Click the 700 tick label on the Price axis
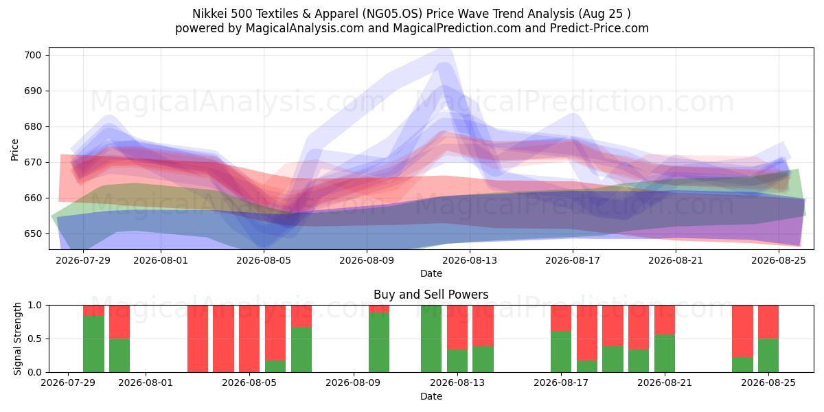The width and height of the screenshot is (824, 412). [x=32, y=55]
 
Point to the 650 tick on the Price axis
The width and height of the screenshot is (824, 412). [x=32, y=233]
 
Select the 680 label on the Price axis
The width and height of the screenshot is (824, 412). [x=32, y=126]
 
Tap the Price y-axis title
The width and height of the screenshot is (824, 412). [x=14, y=150]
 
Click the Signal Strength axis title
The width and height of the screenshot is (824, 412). [x=17, y=339]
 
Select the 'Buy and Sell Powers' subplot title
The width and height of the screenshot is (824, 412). [x=431, y=295]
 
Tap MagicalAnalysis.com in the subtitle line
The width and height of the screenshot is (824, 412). [x=305, y=28]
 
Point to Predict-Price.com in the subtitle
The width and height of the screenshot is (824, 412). [x=599, y=28]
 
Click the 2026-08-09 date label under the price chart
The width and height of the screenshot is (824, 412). [x=367, y=260]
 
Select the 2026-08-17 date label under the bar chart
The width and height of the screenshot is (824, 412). [x=561, y=382]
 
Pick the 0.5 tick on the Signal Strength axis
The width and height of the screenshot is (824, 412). [x=34, y=339]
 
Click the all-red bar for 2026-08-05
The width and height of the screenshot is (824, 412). [x=249, y=339]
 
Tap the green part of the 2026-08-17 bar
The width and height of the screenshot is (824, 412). [x=561, y=352]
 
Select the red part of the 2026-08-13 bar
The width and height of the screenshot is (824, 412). [x=457, y=328]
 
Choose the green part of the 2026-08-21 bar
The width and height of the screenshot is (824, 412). [x=665, y=353]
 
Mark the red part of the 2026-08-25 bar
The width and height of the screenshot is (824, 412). [x=768, y=322]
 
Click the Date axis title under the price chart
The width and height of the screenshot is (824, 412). [x=431, y=273]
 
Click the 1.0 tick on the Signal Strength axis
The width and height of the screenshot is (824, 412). [x=34, y=306]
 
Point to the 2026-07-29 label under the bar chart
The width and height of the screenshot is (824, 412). [x=68, y=382]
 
